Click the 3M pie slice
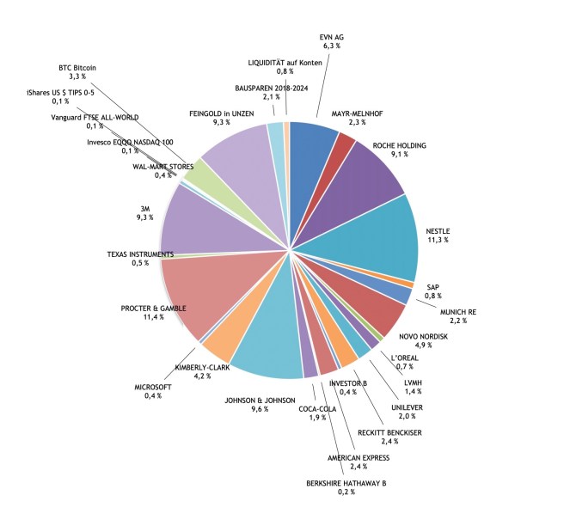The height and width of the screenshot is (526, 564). click(202, 219)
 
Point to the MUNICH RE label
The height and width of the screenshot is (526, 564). click(460, 310)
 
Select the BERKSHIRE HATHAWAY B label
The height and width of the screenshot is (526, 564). click(346, 484)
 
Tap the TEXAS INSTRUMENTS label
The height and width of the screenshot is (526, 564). click(140, 254)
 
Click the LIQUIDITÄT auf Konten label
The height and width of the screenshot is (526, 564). click(284, 63)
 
